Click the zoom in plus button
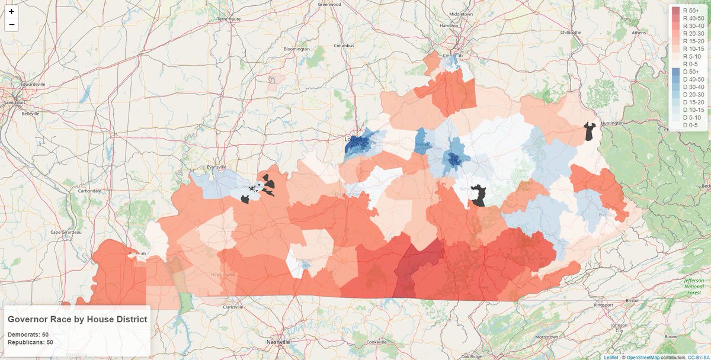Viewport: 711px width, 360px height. [11, 11]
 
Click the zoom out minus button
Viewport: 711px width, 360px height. [11, 24]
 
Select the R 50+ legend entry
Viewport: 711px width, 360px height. [687, 10]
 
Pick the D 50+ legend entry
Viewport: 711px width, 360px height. [687, 71]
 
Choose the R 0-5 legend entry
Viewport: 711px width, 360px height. [687, 63]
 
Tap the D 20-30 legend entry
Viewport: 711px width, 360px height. [687, 94]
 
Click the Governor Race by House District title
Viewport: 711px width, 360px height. [77, 319]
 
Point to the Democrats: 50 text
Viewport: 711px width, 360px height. [28, 335]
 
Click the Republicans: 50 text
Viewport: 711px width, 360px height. [30, 342]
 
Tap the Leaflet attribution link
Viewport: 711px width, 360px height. [610, 357]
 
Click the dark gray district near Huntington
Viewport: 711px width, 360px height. [590, 131]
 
